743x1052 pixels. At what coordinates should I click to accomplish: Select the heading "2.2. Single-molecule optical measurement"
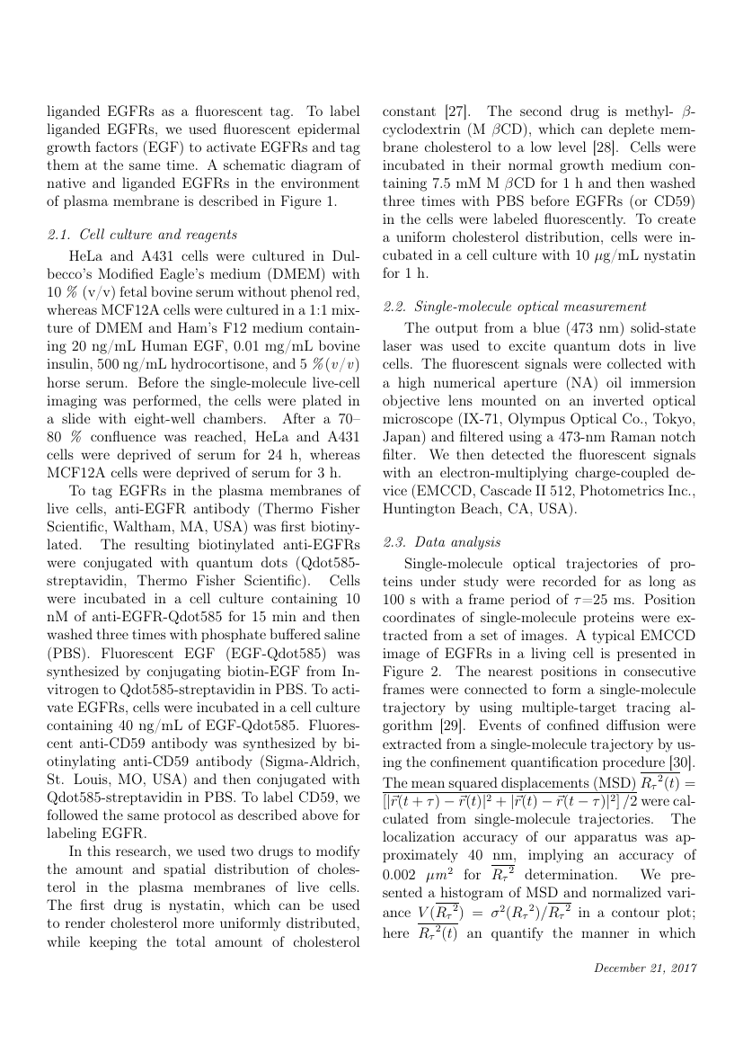point(514,308)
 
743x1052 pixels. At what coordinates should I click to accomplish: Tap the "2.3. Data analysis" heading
point(442,542)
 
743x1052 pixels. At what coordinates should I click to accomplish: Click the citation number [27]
point(455,111)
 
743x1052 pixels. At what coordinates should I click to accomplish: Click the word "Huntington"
point(422,507)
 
